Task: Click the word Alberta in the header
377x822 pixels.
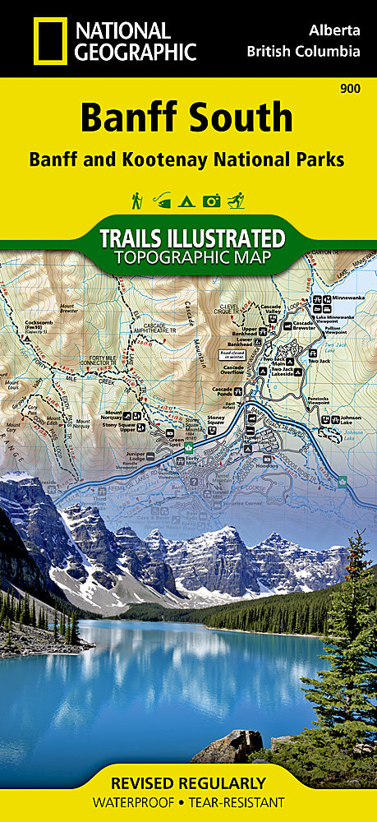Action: pos(333,30)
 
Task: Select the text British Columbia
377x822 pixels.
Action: pos(303,52)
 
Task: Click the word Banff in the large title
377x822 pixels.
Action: pos(132,119)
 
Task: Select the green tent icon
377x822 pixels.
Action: pos(188,200)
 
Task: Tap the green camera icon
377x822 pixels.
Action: pos(212,200)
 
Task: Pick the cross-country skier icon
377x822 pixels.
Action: pos(237,200)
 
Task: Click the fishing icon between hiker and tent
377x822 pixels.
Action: pos(163,200)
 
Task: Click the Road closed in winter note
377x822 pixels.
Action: pos(232,355)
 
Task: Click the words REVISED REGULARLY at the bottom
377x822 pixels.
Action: pos(188,783)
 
